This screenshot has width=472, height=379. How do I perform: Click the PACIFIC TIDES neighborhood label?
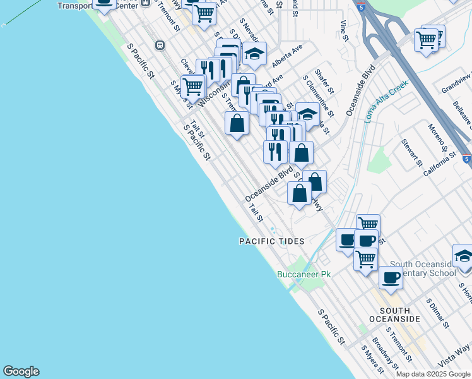271,241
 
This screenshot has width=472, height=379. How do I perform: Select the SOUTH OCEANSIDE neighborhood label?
395,315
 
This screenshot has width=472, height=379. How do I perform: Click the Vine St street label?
344,30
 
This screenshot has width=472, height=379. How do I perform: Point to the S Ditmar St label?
437,313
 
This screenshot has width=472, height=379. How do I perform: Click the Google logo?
21,371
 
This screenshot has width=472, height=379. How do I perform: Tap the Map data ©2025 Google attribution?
434,374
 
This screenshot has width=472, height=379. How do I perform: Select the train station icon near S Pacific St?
160,45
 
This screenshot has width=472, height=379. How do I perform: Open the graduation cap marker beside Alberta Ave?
254,54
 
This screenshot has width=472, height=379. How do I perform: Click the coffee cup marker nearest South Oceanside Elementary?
391,277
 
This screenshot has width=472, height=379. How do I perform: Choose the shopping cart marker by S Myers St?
192,85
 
